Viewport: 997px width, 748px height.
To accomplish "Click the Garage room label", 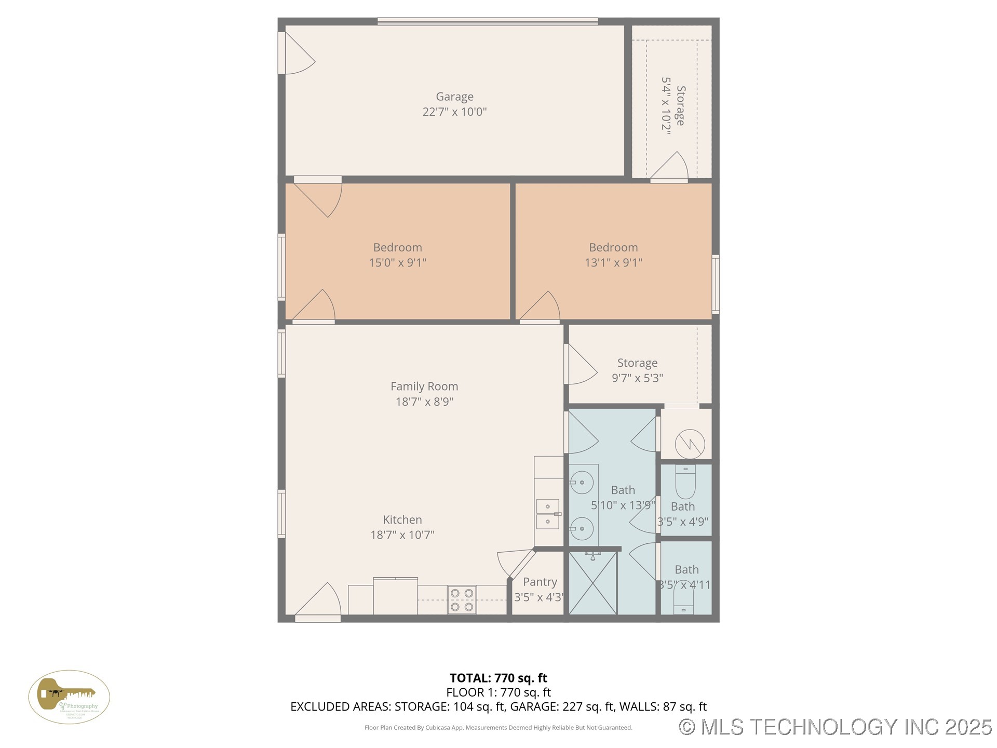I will point(454,97).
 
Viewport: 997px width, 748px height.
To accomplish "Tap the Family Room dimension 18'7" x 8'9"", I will point(424,402).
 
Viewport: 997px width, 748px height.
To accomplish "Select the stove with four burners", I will point(462,599).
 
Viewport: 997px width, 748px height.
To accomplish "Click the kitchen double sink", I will point(548,514).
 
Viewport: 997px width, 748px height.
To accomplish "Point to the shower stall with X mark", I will point(592,583).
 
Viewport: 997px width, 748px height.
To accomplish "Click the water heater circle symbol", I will point(690,444).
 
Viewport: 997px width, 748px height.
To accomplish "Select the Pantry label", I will point(540,582).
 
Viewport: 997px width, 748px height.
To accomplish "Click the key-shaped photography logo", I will point(69,697).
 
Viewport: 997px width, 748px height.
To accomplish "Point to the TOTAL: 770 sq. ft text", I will point(498,678).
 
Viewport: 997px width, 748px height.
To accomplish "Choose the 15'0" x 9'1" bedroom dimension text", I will point(397,263).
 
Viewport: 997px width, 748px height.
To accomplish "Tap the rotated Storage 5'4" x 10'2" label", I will point(673,106).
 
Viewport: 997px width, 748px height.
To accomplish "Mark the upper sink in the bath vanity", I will point(582,483).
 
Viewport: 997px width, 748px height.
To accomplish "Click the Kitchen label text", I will point(402,520).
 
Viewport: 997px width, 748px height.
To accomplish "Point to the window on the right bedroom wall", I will point(715,284).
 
